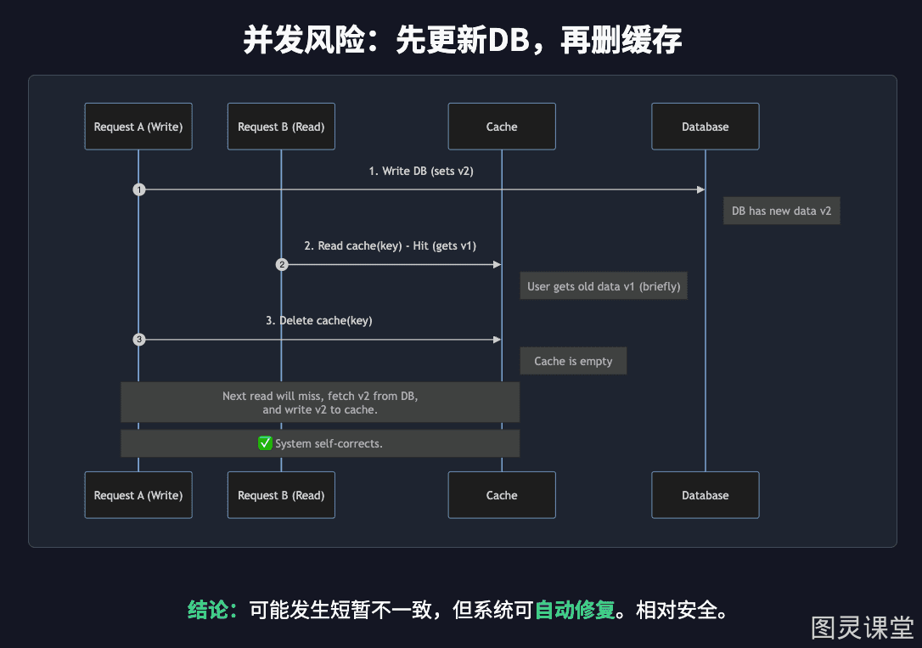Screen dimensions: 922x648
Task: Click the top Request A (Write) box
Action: coord(138,127)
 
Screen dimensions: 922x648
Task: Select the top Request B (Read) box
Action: coord(281,127)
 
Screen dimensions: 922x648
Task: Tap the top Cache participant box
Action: coord(502,127)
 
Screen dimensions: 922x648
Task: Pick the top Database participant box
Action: coord(705,127)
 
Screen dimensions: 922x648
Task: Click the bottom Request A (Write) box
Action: coord(138,495)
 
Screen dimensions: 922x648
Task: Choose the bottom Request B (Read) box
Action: coord(281,495)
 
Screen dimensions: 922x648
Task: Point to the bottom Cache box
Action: coord(502,495)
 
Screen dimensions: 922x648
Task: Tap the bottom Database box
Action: coord(705,495)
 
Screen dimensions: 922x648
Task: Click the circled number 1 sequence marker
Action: coord(138,189)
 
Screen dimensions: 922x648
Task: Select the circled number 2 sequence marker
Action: coord(282,265)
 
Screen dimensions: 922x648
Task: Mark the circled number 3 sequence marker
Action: coord(138,340)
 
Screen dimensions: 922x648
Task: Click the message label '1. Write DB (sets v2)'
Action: coord(421,171)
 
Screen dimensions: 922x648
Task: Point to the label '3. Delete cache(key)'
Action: coord(318,320)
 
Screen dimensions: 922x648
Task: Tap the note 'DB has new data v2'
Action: coord(781,211)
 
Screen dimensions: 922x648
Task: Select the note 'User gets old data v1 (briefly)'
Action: coord(604,286)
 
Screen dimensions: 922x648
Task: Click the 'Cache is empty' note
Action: coord(573,361)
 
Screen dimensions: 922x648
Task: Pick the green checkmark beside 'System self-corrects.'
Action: coord(265,442)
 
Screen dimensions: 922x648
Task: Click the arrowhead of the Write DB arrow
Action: coord(701,189)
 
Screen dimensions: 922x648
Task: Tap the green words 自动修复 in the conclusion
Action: coord(575,610)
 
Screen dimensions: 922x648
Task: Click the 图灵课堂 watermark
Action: coord(863,628)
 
